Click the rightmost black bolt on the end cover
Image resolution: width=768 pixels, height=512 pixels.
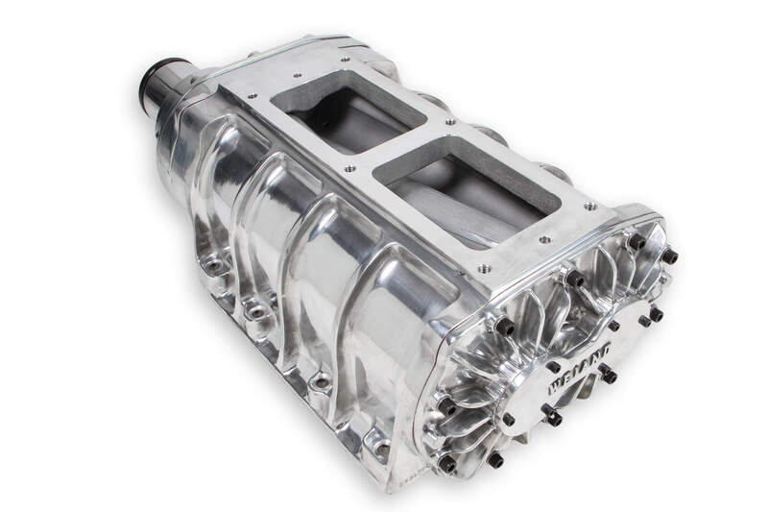(x=670, y=256)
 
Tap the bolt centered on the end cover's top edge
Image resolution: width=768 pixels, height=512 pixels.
(x=575, y=279)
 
